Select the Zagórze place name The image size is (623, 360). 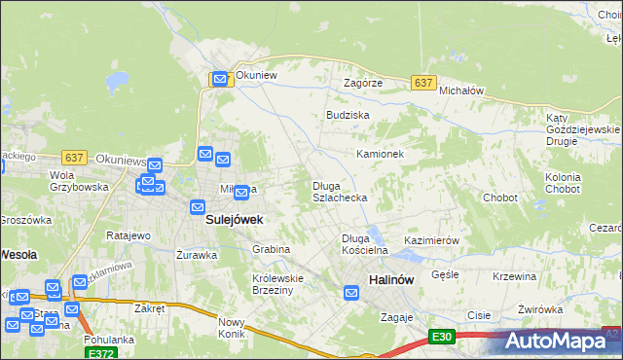(x=363, y=84)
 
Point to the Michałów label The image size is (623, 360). (x=461, y=90)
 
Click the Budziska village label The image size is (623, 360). (x=348, y=115)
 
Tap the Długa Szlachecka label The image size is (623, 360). (x=339, y=192)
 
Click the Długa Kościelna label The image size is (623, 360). (x=365, y=244)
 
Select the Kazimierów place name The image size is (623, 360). (x=431, y=239)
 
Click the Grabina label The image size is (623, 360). (x=272, y=249)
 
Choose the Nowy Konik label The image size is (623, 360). (x=232, y=328)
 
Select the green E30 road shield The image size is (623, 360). (x=442, y=337)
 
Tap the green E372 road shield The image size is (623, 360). (x=98, y=355)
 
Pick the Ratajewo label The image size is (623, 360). (x=128, y=236)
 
